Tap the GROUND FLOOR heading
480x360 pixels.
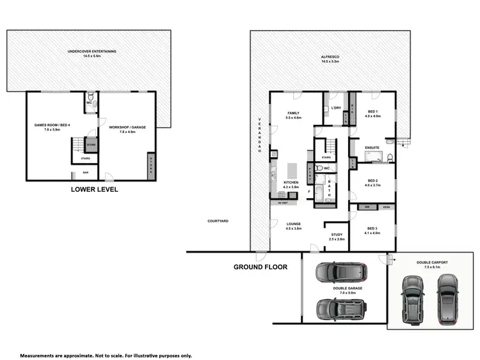(260, 267)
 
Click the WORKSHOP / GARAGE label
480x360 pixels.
(128, 127)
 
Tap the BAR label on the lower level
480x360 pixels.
(85, 173)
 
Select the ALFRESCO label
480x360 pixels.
(330, 58)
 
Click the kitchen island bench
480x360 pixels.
(292, 171)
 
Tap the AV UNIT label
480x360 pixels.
(283, 203)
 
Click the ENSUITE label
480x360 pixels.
(372, 148)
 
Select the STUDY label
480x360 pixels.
(337, 235)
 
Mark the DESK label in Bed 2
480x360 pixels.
(386, 207)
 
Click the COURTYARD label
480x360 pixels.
(218, 221)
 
